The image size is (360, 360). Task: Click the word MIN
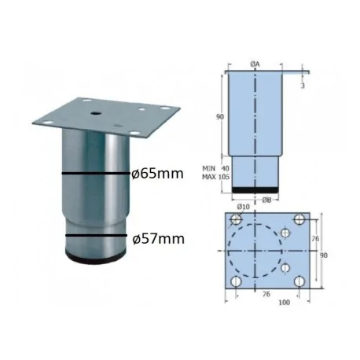[210, 167]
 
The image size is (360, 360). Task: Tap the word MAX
[210, 178]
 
